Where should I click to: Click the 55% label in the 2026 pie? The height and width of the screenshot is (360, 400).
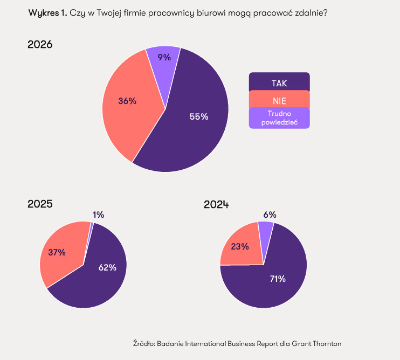coord(199,116)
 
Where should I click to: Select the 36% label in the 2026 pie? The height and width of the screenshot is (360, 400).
coord(127,101)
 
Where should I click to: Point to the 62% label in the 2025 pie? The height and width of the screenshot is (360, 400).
coord(107,267)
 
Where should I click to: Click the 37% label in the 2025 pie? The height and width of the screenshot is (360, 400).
coord(57,252)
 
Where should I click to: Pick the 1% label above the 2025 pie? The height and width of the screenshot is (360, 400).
coord(98,214)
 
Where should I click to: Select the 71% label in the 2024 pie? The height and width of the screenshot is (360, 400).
coord(278,279)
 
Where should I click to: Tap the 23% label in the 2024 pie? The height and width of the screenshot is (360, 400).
coord(240,246)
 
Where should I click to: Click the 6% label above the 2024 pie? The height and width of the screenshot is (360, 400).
coord(270,214)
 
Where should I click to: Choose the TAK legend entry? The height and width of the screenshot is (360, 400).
coord(279,82)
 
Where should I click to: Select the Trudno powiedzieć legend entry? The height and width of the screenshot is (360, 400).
coord(279,117)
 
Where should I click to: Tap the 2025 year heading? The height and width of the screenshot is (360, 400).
coord(40,204)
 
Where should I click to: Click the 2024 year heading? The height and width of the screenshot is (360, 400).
coord(216,204)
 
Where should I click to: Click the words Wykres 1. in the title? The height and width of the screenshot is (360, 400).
coord(47,13)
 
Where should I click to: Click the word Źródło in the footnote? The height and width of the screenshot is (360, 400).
coord(143,343)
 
